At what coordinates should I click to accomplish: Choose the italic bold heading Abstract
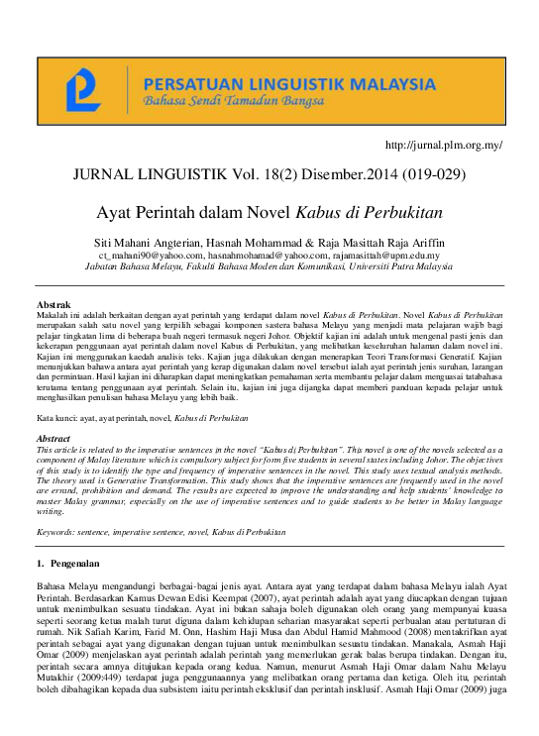54,438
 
